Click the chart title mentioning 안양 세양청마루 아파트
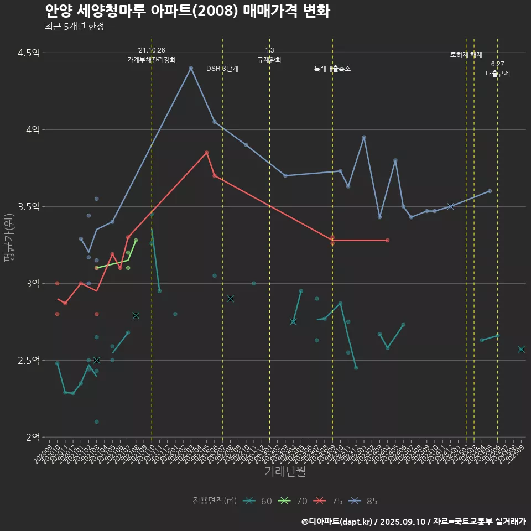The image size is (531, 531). pos(187,11)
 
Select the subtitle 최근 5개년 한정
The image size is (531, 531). pos(74,27)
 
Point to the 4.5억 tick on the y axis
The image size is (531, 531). pos(29,53)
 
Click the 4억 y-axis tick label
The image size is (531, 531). pos(33,130)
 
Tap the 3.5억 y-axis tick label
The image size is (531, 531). pos(29,207)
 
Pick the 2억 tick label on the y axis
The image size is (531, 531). pos(33,438)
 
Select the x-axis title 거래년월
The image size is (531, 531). pos(285,472)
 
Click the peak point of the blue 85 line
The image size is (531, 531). pos(191,68)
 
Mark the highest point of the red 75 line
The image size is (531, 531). pos(207,153)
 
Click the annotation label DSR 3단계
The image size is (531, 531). pos(222,69)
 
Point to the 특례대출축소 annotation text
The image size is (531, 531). pos(332,69)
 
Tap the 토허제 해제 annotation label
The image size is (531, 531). pos(466,55)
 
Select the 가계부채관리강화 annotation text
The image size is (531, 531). pos(152,60)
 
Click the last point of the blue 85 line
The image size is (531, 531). pos(490,191)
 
